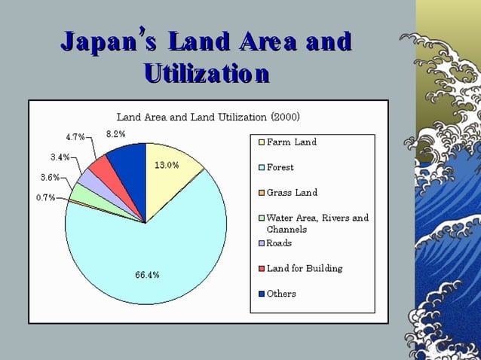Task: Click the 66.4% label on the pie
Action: [x=147, y=275]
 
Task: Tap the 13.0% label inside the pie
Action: [x=167, y=165]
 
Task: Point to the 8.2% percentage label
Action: [x=115, y=133]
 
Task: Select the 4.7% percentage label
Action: [x=75, y=137]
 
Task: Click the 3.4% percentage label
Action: [x=60, y=157]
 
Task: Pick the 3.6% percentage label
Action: [x=50, y=178]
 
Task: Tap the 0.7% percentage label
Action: [x=45, y=197]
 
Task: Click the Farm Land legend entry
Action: [x=291, y=142]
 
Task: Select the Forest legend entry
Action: [x=280, y=167]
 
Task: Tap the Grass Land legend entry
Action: [x=292, y=193]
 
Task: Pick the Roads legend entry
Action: [x=279, y=243]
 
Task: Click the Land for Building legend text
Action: [x=305, y=268]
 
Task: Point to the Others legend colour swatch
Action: [x=262, y=294]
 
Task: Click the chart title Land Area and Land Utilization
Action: [x=208, y=117]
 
